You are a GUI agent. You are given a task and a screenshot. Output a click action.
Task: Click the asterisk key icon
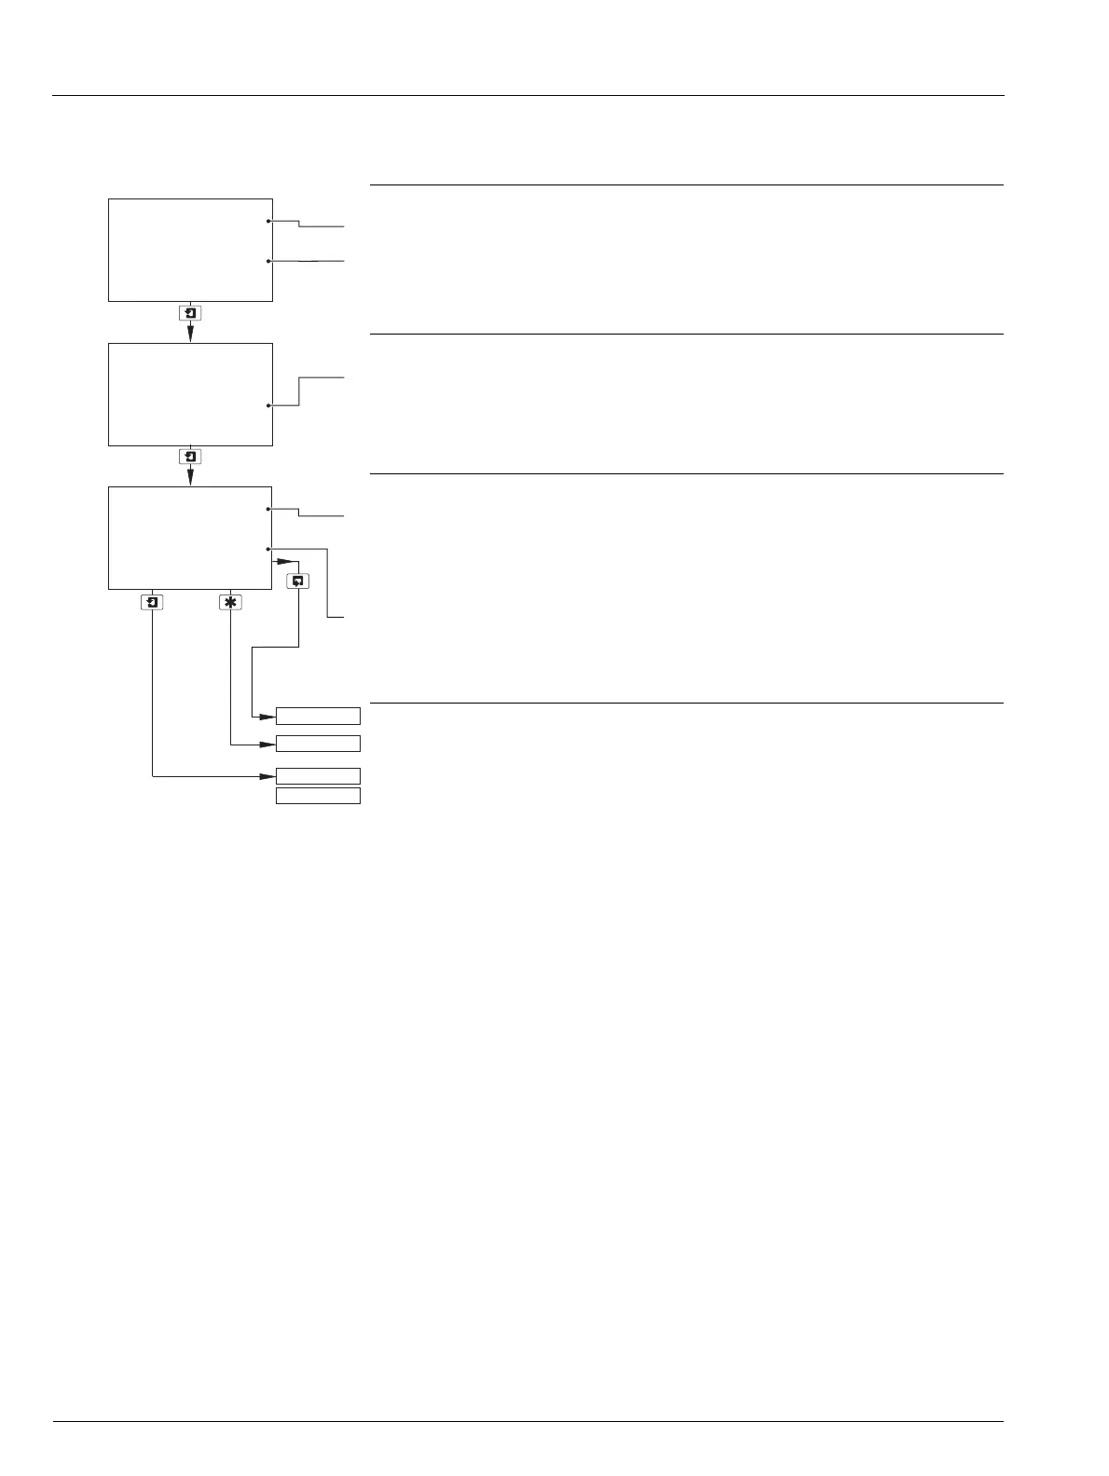coord(230,602)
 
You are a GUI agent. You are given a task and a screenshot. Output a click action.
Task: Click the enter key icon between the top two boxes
coord(190,313)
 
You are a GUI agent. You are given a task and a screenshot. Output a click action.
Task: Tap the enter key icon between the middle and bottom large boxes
coord(190,457)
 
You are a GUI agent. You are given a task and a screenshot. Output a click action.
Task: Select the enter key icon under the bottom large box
coord(152,602)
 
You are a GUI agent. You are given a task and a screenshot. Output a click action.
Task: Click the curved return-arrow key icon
coord(297,581)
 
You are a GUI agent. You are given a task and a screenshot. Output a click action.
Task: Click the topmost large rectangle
coord(190,250)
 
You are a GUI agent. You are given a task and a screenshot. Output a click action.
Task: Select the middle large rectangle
coord(190,394)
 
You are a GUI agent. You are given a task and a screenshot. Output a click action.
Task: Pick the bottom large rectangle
coord(190,538)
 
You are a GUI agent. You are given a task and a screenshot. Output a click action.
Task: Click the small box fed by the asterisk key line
coord(318,744)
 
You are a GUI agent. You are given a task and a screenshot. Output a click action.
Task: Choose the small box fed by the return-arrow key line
coord(318,716)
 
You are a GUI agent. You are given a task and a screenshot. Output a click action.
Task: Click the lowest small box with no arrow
coord(318,796)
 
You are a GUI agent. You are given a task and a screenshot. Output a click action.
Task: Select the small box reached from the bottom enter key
coord(318,776)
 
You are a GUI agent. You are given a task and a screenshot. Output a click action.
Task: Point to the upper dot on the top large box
coord(268,222)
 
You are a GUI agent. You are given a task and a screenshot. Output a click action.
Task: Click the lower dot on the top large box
coord(268,262)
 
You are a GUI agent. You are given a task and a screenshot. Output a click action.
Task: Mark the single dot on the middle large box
coord(268,406)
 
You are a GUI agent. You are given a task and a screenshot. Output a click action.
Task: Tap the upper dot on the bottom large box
coord(268,510)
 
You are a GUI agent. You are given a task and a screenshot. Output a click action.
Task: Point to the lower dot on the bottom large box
coord(268,550)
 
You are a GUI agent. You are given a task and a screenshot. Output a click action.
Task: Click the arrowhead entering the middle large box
coord(190,335)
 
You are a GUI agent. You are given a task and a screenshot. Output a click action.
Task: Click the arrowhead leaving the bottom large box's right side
coord(283,562)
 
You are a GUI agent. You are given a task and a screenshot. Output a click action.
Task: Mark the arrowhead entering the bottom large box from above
coord(190,478)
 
